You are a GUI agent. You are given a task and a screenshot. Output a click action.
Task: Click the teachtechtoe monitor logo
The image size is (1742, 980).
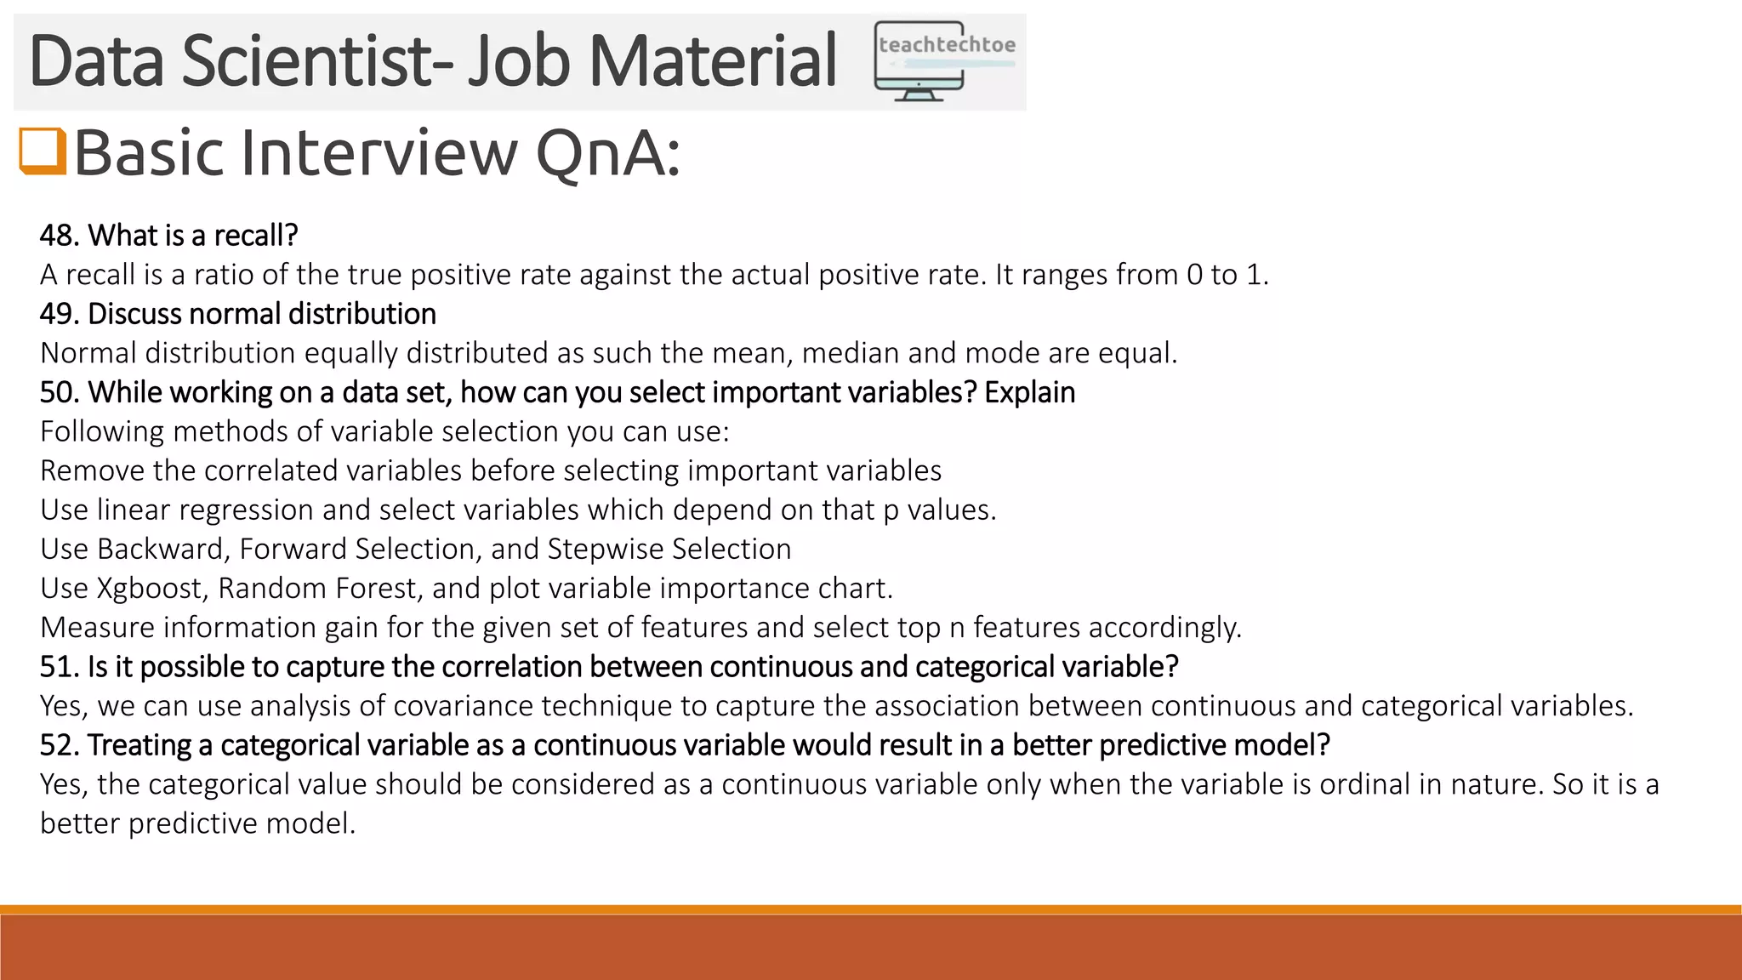click(x=944, y=62)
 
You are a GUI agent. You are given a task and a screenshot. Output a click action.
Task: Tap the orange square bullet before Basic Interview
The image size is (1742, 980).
click(x=43, y=151)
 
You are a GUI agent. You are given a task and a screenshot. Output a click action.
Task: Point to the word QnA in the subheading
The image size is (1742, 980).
click(x=607, y=153)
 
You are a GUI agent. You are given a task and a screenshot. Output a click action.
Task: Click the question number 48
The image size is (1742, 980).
click(x=58, y=236)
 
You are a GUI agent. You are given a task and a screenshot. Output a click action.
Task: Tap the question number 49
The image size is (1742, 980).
click(x=58, y=314)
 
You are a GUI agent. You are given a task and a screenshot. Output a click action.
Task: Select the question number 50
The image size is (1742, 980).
click(x=59, y=392)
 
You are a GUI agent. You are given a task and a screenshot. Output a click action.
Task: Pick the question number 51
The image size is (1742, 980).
click(x=58, y=667)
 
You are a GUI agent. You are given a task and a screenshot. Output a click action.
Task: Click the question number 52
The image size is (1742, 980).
click(x=59, y=745)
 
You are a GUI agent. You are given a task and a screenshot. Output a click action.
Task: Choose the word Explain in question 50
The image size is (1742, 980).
click(x=1029, y=392)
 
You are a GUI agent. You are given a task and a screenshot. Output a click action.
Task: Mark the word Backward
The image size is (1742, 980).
click(x=162, y=550)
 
